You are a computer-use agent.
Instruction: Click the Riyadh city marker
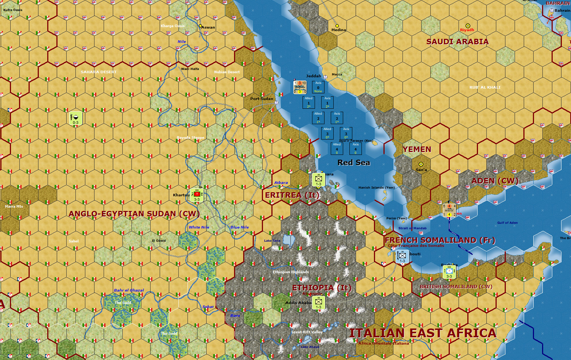468,26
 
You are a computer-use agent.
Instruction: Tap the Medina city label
338,30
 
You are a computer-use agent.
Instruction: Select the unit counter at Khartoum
197,195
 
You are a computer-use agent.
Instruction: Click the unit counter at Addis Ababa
318,303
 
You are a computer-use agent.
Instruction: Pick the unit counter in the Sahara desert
75,118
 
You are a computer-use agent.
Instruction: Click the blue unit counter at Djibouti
402,256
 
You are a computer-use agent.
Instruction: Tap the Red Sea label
353,163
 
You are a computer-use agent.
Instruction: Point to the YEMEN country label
417,149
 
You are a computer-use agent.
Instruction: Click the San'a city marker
421,164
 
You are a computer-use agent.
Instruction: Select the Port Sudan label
262,99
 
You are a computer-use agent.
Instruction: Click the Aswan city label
208,27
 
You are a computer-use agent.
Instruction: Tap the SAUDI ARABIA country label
457,42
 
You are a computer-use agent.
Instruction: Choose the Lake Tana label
272,241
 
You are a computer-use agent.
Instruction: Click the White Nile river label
199,227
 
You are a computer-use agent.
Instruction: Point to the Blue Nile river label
240,227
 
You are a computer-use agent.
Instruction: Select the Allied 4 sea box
337,148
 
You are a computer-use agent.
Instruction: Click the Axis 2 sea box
337,118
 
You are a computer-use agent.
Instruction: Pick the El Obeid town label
159,241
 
